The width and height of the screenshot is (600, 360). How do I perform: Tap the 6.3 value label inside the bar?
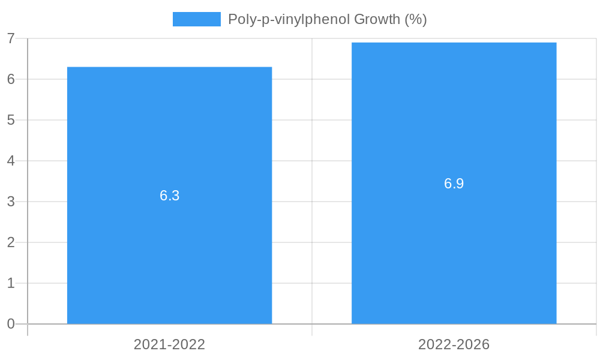pos(169,196)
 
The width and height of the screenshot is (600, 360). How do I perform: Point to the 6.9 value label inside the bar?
pos(454,184)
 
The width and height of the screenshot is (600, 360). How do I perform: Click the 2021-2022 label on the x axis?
pos(169,344)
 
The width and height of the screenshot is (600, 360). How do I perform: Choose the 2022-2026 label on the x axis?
pos(454,344)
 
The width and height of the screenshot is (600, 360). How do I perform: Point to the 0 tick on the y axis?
pos(11,324)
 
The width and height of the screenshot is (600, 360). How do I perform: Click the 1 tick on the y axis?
pos(11,283)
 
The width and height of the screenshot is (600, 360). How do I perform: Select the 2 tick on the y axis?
pos(11,242)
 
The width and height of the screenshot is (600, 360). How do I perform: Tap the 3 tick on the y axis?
pos(11,202)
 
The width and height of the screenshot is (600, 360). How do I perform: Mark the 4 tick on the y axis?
pos(11,161)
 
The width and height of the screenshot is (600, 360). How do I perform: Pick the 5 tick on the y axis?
pos(11,120)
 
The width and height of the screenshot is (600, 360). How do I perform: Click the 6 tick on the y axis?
pos(11,79)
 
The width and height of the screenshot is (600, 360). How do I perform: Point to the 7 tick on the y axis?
pos(11,38)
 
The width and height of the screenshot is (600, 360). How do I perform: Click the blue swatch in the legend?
pos(196,19)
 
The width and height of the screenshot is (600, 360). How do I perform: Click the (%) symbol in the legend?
pos(416,19)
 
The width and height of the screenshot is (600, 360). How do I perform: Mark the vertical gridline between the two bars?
pos(312,180)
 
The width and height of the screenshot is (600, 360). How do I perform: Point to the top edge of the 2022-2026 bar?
pos(454,43)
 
